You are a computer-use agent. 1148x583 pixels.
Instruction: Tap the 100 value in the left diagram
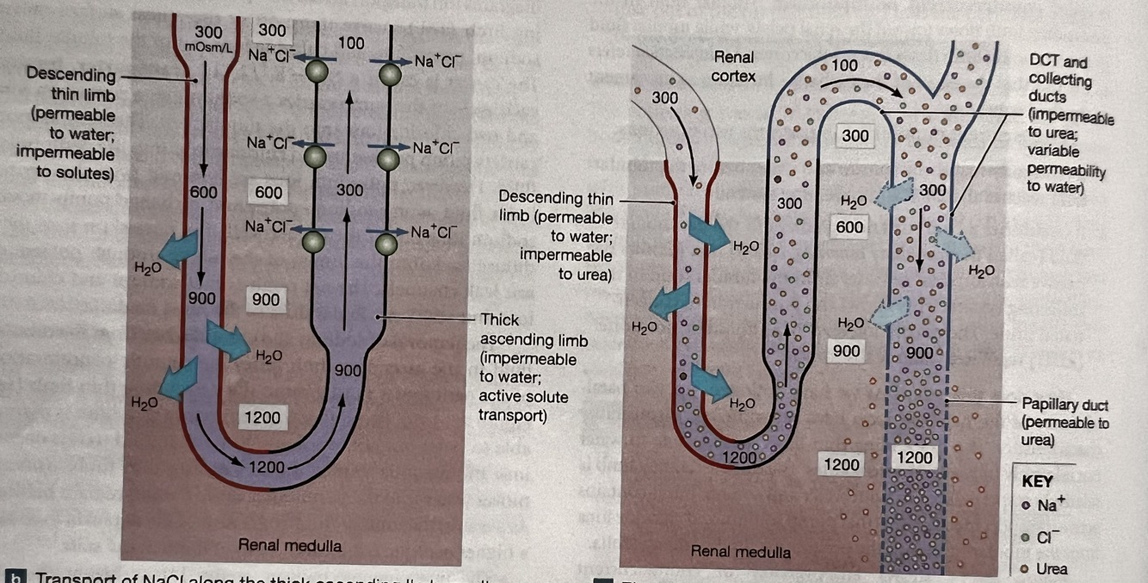pos(350,42)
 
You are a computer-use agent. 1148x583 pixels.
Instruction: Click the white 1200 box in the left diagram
pos(262,418)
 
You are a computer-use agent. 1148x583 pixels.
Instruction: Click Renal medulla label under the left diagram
pos(289,545)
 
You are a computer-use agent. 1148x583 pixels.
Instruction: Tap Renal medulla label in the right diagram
pos(740,550)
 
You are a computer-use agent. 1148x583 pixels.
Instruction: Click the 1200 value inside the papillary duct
pos(914,458)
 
